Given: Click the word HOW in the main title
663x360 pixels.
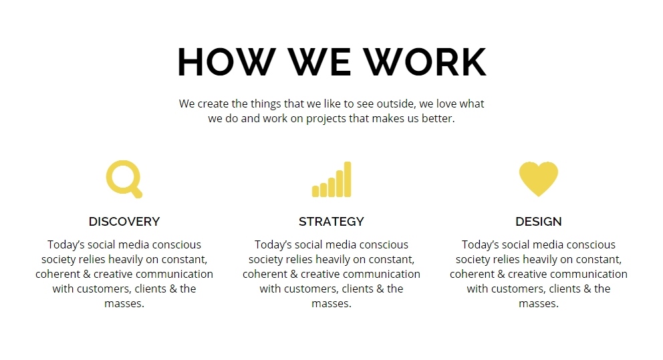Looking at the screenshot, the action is [227, 61].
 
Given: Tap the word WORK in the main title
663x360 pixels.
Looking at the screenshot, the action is [425, 61].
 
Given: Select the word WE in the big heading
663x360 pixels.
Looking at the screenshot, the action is [319, 61].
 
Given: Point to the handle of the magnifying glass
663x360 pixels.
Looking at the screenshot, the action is [136, 192].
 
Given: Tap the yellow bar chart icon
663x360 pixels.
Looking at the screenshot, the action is [331, 179].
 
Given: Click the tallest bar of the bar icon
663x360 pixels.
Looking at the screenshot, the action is [348, 179].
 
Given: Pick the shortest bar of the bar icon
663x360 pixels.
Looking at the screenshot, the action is [315, 191].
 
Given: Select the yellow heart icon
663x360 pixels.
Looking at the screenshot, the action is [538, 178].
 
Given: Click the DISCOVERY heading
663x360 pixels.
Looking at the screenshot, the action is [124, 221].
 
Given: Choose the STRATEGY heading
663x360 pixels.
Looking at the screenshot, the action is [331, 221].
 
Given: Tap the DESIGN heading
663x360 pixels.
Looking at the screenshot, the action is [539, 221].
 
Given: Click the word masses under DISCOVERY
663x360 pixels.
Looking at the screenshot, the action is [124, 304].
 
